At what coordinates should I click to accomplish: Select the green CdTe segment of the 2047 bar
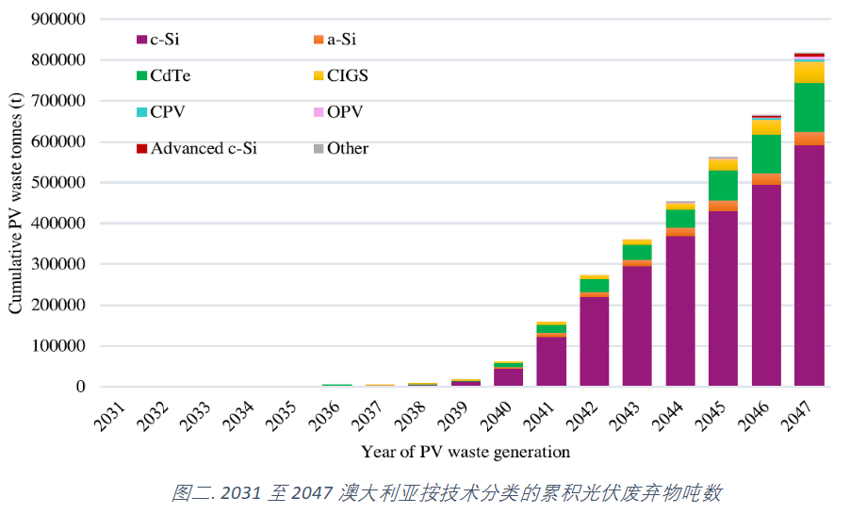[809, 107]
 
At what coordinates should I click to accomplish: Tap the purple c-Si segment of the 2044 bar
[680, 311]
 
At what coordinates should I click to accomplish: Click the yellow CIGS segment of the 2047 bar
[809, 72]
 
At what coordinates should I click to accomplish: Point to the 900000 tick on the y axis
[59, 19]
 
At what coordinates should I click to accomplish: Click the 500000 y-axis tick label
[59, 182]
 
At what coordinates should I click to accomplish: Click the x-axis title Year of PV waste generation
[466, 452]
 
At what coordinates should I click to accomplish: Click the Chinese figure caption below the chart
[448, 492]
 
